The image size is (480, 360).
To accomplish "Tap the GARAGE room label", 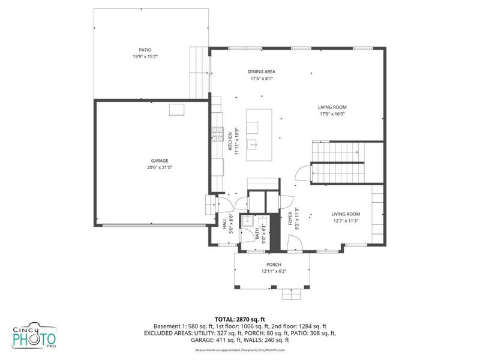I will (x=160, y=160).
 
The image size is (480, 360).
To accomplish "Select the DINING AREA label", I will (x=262, y=71).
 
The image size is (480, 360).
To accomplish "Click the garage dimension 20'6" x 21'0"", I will (x=160, y=167).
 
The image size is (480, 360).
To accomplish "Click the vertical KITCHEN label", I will (x=229, y=142).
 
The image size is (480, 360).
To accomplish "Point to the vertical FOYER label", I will (x=290, y=221).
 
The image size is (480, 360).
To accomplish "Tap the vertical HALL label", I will (x=224, y=224).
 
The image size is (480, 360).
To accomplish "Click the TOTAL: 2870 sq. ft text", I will (x=239, y=319).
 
